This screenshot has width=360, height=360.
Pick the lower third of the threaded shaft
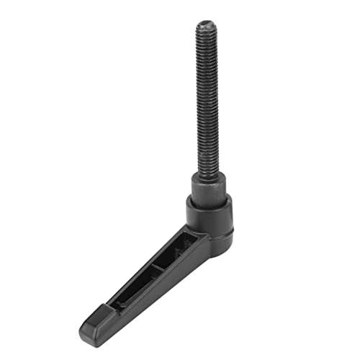(x=205, y=148)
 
